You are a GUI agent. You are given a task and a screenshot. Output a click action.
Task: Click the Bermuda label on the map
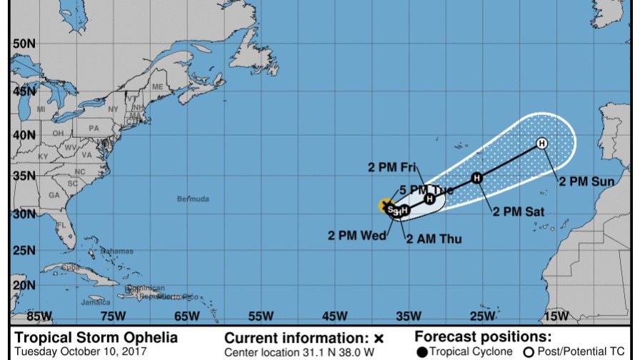tap(193, 199)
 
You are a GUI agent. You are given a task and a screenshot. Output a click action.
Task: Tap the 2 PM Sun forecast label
tap(586, 182)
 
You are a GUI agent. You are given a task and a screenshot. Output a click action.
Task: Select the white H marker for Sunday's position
tap(542, 144)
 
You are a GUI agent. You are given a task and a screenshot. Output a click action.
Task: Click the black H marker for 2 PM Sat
tap(476, 177)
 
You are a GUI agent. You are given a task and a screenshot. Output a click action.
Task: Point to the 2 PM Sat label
tap(519, 212)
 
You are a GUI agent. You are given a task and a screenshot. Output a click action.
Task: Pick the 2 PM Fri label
tap(392, 167)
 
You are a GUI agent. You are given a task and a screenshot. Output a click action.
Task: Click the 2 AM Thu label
tap(434, 239)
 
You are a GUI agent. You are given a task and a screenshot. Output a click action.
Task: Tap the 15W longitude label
tap(556, 316)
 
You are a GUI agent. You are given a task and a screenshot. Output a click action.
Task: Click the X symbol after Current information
tap(379, 338)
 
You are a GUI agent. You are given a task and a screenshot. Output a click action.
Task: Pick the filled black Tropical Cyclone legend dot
tap(422, 351)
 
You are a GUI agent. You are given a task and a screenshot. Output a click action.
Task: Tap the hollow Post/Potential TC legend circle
tap(529, 351)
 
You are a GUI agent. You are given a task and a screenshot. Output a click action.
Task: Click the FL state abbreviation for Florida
tap(62, 224)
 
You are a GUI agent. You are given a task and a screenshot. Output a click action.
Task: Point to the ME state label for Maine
tap(158, 86)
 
